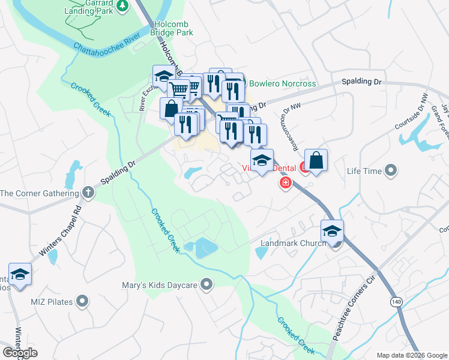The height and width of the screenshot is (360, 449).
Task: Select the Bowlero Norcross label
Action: coord(282,83)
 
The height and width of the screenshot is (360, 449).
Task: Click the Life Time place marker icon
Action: coord(391,172)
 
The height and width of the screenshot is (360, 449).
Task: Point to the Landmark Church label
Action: coord(292,244)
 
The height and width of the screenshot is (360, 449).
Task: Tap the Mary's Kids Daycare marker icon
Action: coord(207,284)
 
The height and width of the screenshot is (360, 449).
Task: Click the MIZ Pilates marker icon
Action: coord(83,301)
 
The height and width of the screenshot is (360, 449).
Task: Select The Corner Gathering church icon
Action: coord(88,193)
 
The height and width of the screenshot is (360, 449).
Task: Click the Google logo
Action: coord(20,352)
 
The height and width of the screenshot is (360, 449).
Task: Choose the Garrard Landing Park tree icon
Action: coord(123,5)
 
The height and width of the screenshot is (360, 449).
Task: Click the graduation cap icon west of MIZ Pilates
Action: coord(20,275)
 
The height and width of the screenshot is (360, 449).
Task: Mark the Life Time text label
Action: coord(364,172)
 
